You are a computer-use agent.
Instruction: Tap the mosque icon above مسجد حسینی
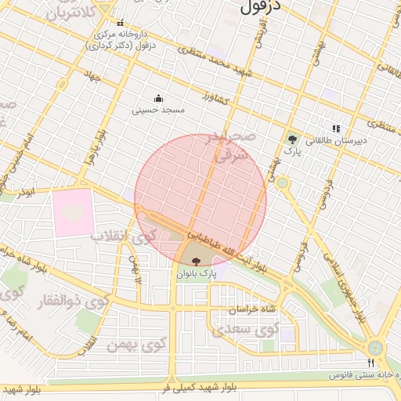coord(159,98)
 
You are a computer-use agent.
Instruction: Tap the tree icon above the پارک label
coord(292,138)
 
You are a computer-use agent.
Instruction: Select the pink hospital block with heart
coord(73,211)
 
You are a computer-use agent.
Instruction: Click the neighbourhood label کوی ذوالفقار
coord(85,302)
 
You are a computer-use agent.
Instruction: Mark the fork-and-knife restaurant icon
coord(371,363)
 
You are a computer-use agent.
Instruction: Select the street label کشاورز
coord(214,101)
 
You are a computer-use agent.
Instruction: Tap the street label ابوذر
coord(26,192)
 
